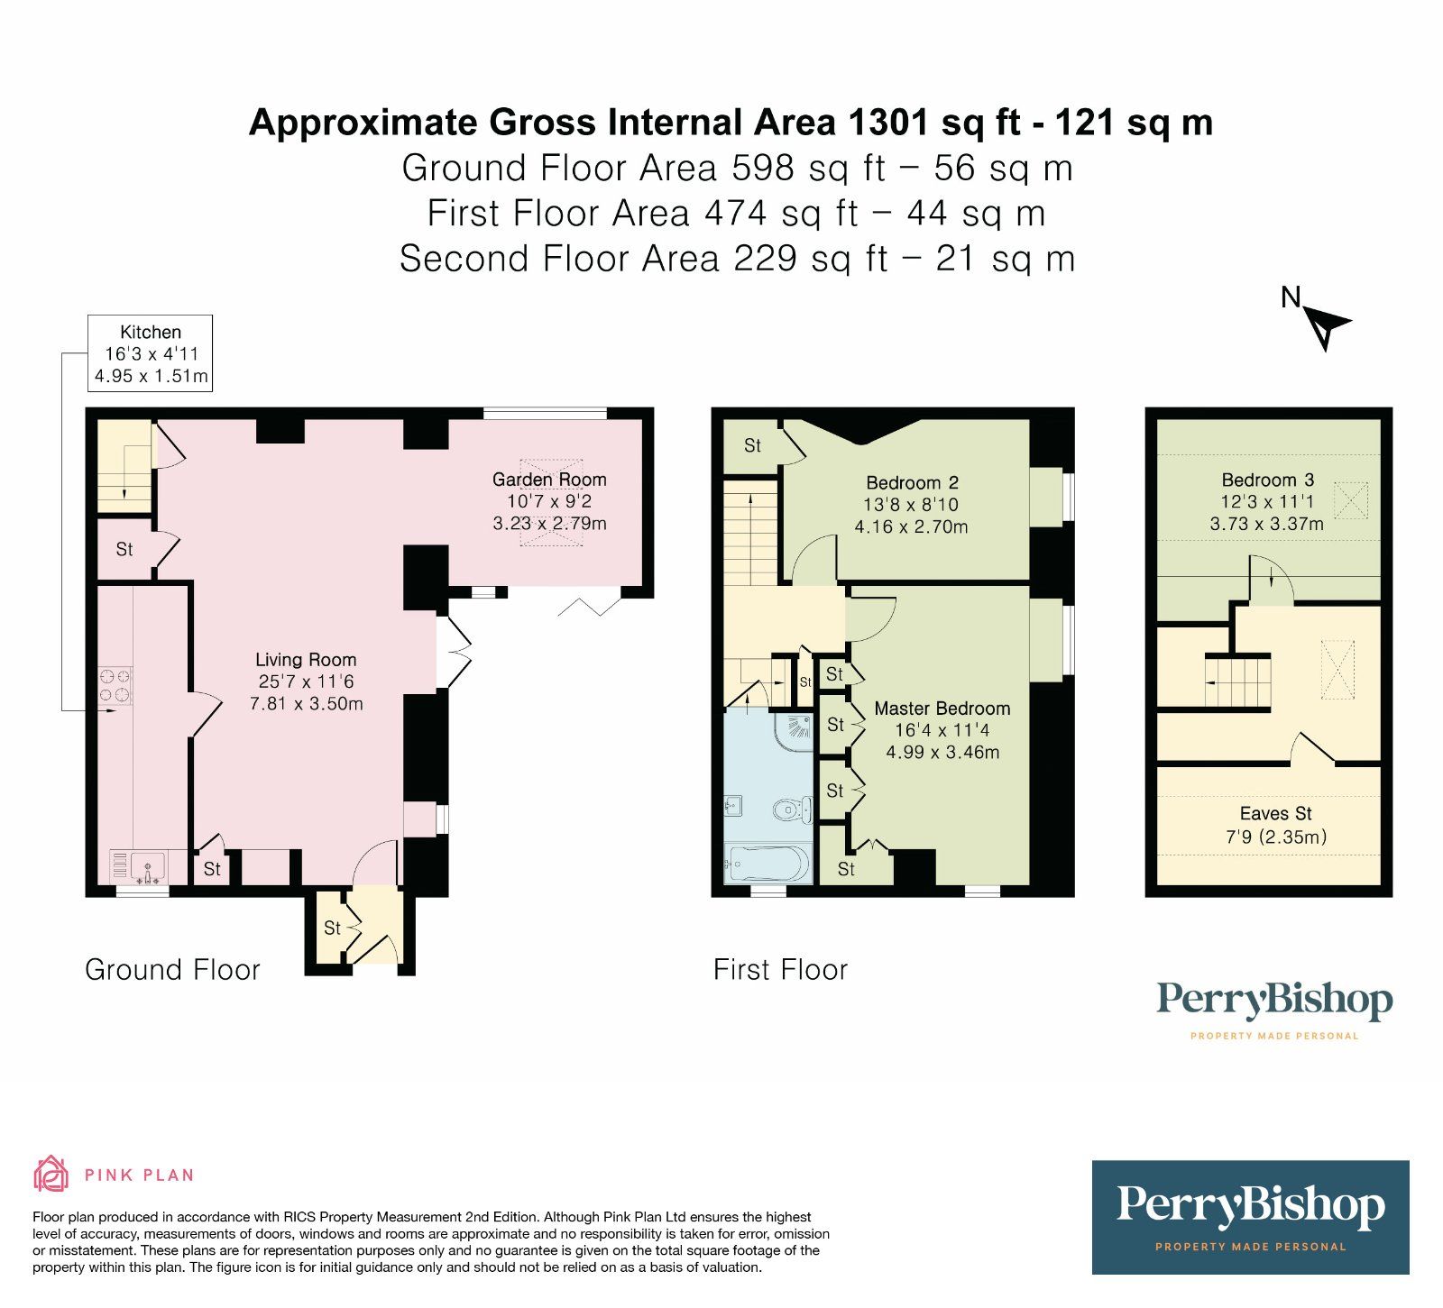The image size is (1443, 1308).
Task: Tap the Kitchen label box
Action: [150, 353]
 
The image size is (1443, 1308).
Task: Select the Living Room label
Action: [306, 681]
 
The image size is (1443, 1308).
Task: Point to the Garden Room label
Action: [549, 501]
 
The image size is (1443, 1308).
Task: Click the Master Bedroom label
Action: [942, 730]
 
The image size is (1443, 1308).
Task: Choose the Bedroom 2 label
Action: [912, 505]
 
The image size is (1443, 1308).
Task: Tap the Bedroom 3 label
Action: [1267, 502]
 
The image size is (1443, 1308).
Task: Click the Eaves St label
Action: [1276, 825]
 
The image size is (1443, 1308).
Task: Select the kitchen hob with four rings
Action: [115, 685]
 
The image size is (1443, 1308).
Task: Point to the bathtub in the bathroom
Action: [767, 863]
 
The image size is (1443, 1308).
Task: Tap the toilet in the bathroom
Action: [794, 810]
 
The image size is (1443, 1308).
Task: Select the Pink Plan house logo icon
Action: [51, 1174]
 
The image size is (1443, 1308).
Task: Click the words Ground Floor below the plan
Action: [172, 970]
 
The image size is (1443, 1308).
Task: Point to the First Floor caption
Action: [781, 970]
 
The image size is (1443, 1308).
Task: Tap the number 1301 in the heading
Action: [889, 122]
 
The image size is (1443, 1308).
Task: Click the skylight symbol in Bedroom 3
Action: [1350, 500]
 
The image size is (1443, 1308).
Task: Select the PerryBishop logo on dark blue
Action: [1251, 1217]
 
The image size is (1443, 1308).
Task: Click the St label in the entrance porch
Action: [333, 928]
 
